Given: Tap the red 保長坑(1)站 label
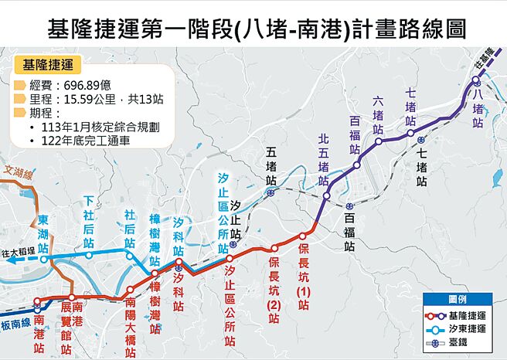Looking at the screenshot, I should coord(303,275).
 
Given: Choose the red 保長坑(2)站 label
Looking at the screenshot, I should coord(274,286).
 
